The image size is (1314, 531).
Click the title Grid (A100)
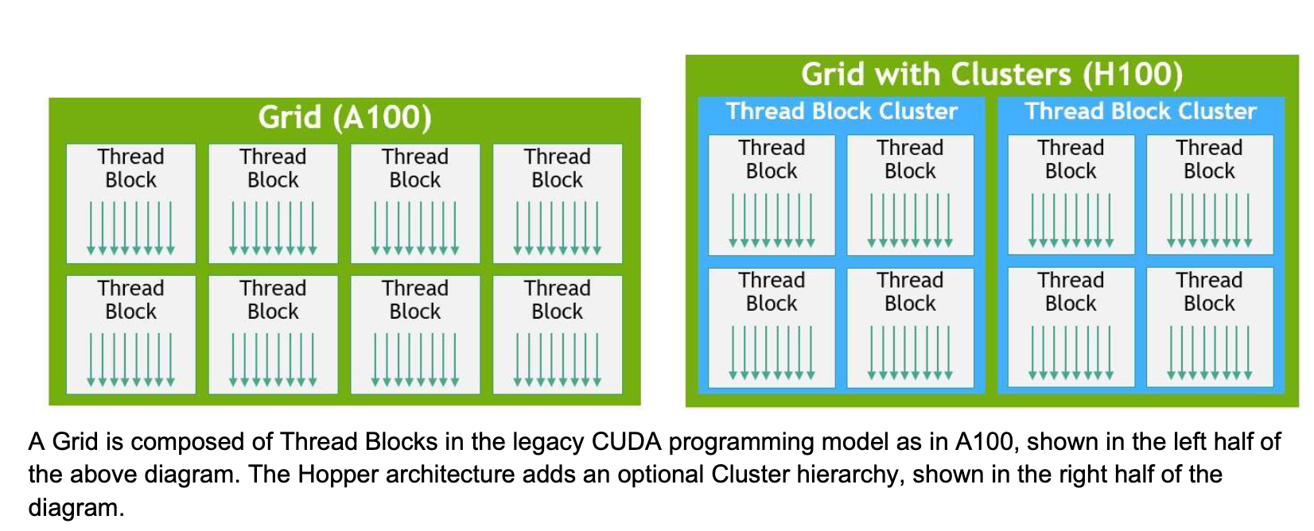point(344,118)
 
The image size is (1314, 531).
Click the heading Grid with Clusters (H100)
point(991,74)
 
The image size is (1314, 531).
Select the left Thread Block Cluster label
point(842,110)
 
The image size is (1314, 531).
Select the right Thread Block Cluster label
point(1140,110)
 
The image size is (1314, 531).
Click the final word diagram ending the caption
point(76,507)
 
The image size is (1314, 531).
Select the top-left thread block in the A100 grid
point(130,203)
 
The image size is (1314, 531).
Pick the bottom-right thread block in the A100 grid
point(557,335)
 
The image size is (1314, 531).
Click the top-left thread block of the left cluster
point(771,195)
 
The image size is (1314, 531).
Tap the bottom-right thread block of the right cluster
point(1209,327)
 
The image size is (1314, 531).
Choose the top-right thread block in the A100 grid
point(557,203)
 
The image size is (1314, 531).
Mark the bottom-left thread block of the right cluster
point(1070,327)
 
